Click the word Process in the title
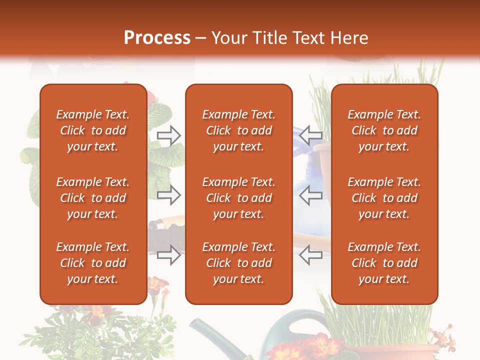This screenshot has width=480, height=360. (157, 38)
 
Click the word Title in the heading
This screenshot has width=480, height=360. (270, 38)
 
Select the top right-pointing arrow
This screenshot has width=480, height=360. (169, 135)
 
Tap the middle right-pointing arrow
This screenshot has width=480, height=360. (169, 195)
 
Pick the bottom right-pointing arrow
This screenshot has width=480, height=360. (169, 255)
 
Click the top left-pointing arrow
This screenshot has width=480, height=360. (310, 135)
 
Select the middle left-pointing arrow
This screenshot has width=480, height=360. (310, 195)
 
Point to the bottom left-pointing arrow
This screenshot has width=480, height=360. (310, 255)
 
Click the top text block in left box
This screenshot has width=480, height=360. (93, 130)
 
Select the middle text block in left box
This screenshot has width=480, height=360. (93, 198)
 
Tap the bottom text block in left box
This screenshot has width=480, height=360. (93, 263)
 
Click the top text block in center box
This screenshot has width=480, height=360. (238, 130)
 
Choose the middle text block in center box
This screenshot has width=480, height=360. (238, 198)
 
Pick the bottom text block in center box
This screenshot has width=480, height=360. (238, 263)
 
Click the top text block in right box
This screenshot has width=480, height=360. (384, 130)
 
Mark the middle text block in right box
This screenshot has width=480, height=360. (384, 198)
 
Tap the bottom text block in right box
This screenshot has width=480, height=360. (384, 263)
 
